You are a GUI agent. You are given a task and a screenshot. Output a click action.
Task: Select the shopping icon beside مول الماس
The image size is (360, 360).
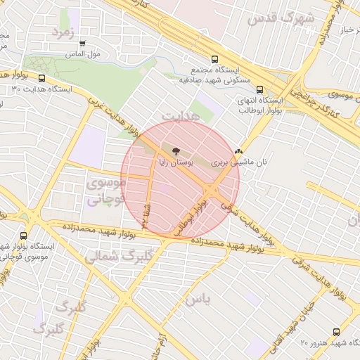click(x=83, y=44)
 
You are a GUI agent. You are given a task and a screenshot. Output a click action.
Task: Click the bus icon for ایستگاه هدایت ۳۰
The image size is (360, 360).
click(x=41, y=79)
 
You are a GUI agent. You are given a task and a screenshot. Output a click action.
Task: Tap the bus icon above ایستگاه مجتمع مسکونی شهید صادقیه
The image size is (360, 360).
click(x=214, y=60)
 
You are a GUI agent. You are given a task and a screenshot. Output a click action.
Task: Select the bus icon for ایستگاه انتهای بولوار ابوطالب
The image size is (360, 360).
click(x=260, y=89)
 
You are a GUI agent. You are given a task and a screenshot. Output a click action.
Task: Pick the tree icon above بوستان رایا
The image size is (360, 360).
click(x=175, y=150)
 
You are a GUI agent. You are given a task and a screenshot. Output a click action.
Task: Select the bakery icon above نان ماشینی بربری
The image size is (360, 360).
click(x=239, y=150)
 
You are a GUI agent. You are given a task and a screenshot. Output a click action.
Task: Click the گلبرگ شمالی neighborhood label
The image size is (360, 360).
click(x=118, y=256)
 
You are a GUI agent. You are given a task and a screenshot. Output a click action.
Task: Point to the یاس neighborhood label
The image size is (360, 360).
click(x=198, y=300)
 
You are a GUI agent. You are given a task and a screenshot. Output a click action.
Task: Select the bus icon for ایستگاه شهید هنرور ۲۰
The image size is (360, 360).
click(x=335, y=332)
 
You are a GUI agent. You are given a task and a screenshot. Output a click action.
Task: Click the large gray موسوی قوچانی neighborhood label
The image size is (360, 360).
click(x=105, y=191)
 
